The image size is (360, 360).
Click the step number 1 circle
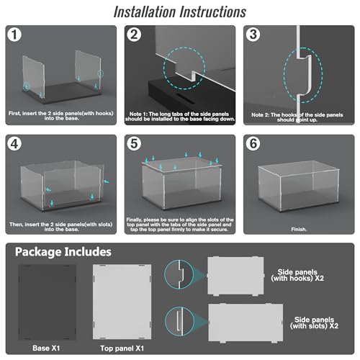(x=14, y=35)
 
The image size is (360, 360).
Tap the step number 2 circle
(x=134, y=35)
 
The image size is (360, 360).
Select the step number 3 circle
(x=253, y=35)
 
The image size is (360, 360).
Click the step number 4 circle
(x=14, y=144)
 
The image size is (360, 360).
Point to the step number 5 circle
(x=134, y=144)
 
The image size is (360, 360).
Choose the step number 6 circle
(x=253, y=144)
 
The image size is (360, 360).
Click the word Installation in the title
(x=145, y=12)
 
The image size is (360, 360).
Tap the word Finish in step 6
(x=298, y=229)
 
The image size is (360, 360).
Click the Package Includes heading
(x=63, y=252)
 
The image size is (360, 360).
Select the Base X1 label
(x=46, y=348)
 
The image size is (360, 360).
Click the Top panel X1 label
(x=122, y=348)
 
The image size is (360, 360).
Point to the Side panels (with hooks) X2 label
(x=297, y=275)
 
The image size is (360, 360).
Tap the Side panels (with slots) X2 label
(x=314, y=323)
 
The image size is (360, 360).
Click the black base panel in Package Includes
(x=47, y=302)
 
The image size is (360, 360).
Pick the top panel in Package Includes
(x=122, y=302)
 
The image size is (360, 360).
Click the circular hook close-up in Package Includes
(x=179, y=274)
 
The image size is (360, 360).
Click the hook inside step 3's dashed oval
(x=305, y=75)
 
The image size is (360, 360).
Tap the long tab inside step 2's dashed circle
(x=185, y=73)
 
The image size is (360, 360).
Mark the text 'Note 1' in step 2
(x=138, y=114)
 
